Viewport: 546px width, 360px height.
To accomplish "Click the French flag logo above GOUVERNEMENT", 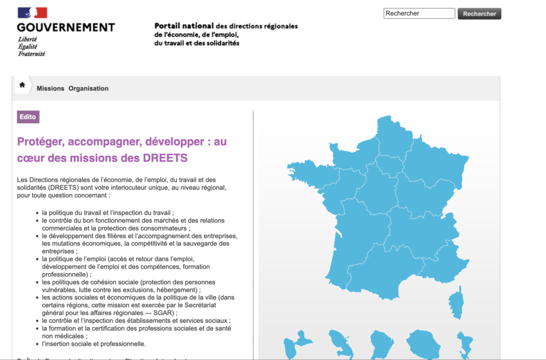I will pos(33,13).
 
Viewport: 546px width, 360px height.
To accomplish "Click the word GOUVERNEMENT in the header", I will pos(66,28).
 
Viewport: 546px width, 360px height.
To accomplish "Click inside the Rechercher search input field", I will pos(419,13).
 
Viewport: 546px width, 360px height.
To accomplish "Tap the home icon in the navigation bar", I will pos(22,85).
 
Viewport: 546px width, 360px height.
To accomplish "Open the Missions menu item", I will pos(51,89).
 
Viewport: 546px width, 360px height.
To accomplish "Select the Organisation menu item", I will pos(88,89).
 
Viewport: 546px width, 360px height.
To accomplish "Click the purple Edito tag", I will pos(28,117).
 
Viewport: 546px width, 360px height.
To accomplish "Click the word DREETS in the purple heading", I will pos(165,158).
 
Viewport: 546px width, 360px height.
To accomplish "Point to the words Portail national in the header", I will pos(183,26).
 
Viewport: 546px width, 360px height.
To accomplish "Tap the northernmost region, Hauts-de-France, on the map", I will pos(391,136).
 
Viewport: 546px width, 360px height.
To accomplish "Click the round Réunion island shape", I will pos(424,345).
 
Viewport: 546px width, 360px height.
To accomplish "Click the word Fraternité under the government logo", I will pos(31,54).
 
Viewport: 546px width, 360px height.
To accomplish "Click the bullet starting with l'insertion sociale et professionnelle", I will pos(93,344).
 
